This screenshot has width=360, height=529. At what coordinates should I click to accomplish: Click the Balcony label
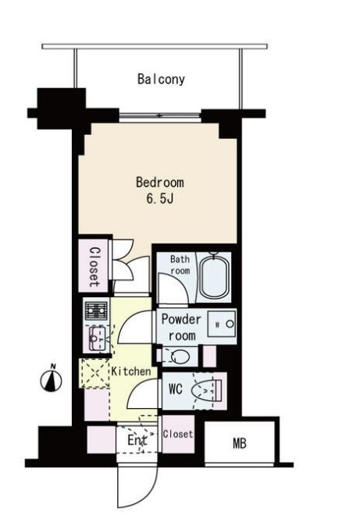click(x=161, y=80)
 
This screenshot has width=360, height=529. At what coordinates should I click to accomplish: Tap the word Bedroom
click(x=160, y=182)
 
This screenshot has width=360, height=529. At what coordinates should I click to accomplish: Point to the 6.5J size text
click(x=160, y=199)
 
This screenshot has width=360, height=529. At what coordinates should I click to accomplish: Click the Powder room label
click(x=181, y=327)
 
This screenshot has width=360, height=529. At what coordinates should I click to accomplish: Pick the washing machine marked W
click(x=222, y=325)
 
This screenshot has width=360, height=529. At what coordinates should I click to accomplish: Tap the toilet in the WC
click(x=205, y=391)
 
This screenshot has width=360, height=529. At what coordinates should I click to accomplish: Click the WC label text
click(x=175, y=389)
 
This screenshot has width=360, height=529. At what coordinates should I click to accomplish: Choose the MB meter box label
click(x=240, y=443)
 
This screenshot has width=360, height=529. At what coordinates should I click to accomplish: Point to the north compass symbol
click(x=51, y=379)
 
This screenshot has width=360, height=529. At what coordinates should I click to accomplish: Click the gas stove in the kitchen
click(x=96, y=311)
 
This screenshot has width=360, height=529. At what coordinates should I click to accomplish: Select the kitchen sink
click(x=98, y=339)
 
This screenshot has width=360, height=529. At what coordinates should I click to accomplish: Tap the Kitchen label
click(x=131, y=371)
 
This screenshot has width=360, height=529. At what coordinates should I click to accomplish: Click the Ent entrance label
click(x=137, y=440)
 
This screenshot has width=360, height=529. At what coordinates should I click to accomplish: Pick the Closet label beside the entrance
click(x=178, y=434)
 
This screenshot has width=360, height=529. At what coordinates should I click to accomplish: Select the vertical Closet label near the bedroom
click(x=94, y=267)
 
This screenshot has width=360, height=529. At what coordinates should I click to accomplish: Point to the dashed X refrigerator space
click(x=95, y=374)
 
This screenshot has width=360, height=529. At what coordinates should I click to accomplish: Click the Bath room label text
click(x=180, y=264)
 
